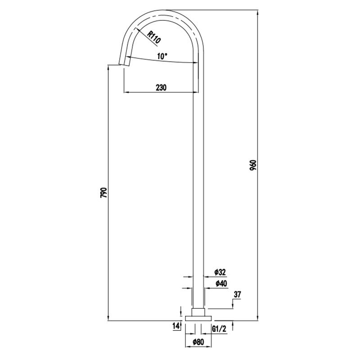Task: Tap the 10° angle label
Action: pos(162,56)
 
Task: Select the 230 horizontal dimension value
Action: pos(161,88)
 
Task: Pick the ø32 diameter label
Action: pos(220,272)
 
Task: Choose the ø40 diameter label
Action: pos(220,283)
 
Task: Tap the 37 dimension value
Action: pos(238,295)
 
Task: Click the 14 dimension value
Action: pos(176,326)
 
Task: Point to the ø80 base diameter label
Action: pos(198,342)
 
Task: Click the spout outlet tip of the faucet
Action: pos(122,64)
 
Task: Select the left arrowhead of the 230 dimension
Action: pos(126,93)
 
